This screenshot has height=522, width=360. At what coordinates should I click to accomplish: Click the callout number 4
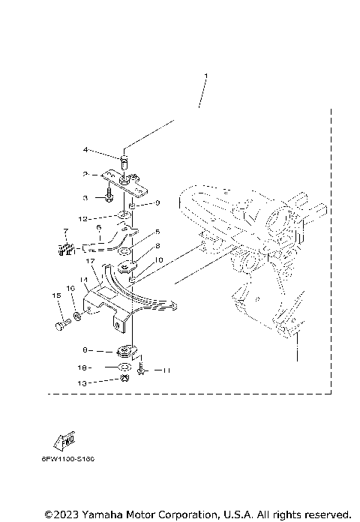pos(85,150)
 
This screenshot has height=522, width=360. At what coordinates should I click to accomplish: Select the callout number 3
pos(85,197)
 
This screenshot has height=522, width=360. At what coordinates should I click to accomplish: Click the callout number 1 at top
pos(205,76)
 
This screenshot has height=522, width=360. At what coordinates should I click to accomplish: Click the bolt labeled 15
pos(59,325)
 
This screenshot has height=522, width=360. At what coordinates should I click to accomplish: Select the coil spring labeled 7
pos(67,249)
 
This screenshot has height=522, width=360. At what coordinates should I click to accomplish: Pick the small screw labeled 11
pos(142,370)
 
